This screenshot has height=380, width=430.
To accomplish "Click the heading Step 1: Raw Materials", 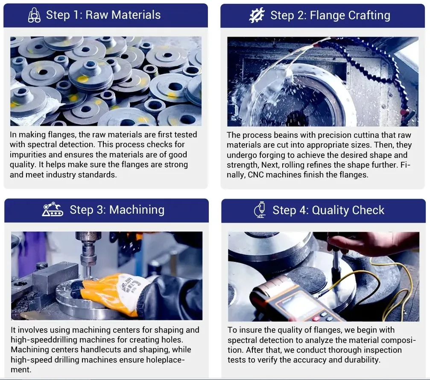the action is pos(103,15).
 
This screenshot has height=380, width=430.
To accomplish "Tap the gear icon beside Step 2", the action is pos(257,15).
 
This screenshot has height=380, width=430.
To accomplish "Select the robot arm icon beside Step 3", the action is pos(53,209).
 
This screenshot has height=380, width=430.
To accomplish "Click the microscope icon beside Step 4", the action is pos(260,210).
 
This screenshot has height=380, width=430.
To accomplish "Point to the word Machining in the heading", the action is pos(137,210).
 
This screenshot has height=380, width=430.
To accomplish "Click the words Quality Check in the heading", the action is pos(348,210).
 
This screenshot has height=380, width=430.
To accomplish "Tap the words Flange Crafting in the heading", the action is pos(350,15).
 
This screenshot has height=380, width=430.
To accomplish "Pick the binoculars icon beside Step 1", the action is pos(34,15).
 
